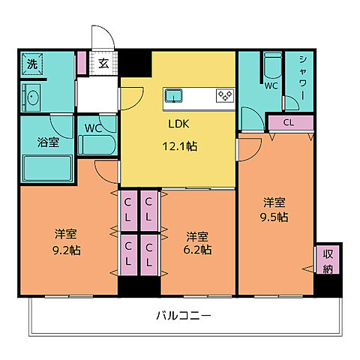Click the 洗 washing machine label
tap(31, 64)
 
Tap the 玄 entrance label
tap(103, 63)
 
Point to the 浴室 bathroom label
tap(38, 142)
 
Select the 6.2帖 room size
tap(199, 249)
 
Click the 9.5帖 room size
tap(274, 217)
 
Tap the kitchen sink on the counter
tap(173, 95)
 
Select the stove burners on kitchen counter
tap(224, 95)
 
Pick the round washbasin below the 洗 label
tap(32, 97)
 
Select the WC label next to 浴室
tap(93, 127)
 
